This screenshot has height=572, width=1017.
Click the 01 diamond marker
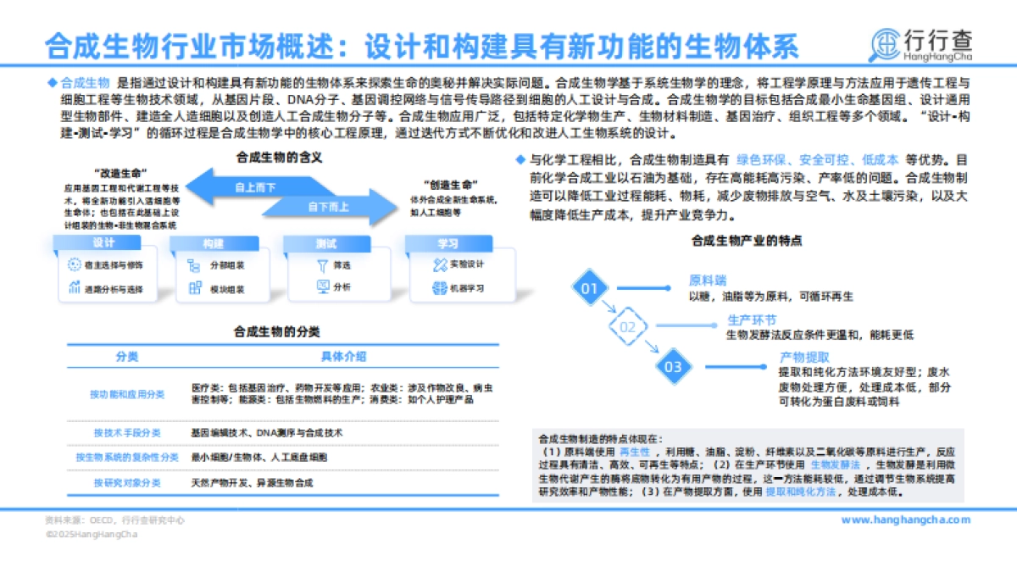click(590, 288)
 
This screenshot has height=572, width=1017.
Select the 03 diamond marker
click(673, 367)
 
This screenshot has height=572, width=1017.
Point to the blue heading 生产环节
click(752, 320)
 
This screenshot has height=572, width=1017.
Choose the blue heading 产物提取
click(804, 357)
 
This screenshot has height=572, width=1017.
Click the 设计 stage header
click(103, 244)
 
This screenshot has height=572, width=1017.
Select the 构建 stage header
click(213, 244)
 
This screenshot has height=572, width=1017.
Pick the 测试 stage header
click(326, 244)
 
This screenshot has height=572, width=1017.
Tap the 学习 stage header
click(447, 244)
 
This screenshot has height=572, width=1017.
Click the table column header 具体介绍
click(343, 356)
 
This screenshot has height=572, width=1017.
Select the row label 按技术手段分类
click(127, 433)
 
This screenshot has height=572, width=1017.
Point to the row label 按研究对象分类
click(127, 483)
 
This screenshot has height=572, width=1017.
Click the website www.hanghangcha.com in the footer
click(905, 520)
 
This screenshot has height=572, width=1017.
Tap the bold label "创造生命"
click(449, 184)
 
